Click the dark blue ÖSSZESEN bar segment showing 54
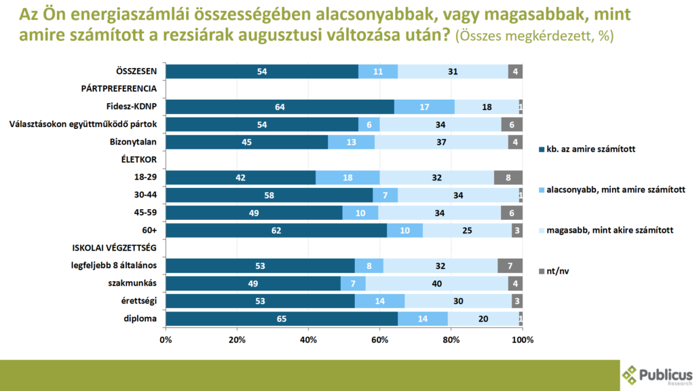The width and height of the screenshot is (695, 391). (x=262, y=71)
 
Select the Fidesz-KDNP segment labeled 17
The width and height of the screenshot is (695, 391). (x=424, y=107)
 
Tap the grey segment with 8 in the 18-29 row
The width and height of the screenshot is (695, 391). (x=508, y=178)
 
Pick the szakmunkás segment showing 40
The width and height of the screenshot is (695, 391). (x=436, y=284)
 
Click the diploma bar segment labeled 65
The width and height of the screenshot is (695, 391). (x=282, y=319)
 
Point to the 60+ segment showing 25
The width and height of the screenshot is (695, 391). (x=467, y=231)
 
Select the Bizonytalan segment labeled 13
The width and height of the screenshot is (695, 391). (x=352, y=143)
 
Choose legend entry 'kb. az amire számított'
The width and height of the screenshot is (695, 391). (x=590, y=149)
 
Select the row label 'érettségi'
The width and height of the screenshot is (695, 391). (x=140, y=301)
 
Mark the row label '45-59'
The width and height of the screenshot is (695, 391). (x=147, y=213)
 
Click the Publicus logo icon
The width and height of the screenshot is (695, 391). (x=630, y=375)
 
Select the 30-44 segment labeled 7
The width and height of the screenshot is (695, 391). (x=386, y=195)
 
